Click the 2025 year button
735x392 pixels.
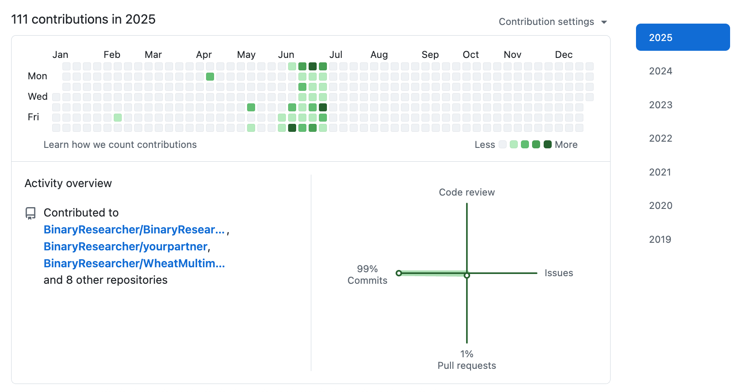tap(682, 37)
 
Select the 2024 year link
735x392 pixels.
tap(661, 71)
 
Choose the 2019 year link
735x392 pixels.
tap(660, 240)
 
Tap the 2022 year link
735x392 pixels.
tap(661, 139)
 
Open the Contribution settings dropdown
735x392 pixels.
tap(553, 22)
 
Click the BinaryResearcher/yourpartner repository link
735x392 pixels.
tap(126, 247)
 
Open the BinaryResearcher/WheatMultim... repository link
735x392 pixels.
tap(134, 264)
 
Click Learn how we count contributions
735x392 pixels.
tap(120, 145)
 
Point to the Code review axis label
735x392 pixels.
tap(467, 192)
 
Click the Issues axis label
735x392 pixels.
tap(558, 273)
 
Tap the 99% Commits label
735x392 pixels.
tap(367, 275)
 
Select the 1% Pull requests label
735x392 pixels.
tap(467, 360)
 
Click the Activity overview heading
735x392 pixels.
tap(68, 184)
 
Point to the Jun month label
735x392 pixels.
tap(286, 55)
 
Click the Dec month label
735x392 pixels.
tap(563, 55)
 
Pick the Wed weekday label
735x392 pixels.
tap(37, 97)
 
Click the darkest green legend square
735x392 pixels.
tap(548, 144)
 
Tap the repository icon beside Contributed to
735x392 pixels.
tap(30, 213)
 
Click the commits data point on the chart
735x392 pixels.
tap(399, 273)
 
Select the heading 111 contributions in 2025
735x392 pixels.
tap(83, 20)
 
